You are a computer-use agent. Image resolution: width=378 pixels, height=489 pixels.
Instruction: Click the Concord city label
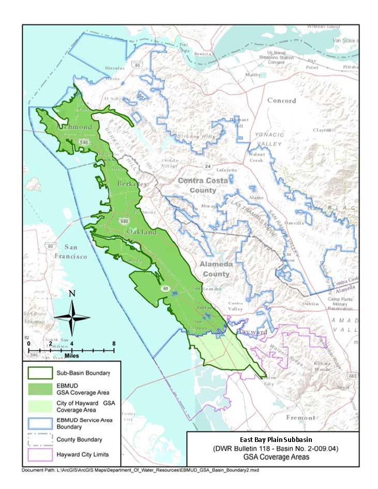coord(281,100)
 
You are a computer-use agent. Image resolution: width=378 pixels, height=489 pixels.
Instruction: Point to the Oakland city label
coord(142,233)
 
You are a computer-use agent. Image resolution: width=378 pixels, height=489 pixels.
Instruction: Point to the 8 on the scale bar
coord(113,343)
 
